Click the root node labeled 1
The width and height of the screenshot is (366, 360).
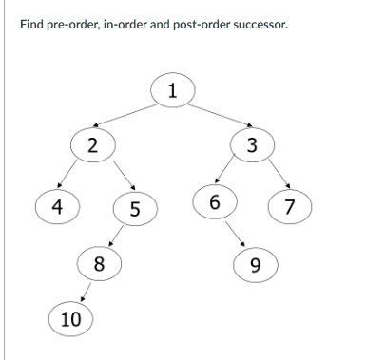pyautogui.click(x=172, y=91)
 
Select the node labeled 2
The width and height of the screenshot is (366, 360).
pyautogui.click(x=91, y=145)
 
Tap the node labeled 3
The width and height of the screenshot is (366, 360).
pyautogui.click(x=251, y=145)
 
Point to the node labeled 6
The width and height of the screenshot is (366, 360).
pyautogui.click(x=215, y=201)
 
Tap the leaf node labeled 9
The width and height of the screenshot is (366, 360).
pyautogui.click(x=254, y=264)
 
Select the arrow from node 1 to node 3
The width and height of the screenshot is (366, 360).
pyautogui.click(x=214, y=113)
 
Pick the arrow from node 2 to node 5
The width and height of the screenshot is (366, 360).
pyautogui.click(x=124, y=177)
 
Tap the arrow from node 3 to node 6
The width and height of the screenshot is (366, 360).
pyautogui.click(x=228, y=171)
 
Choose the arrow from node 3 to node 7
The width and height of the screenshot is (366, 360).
pyautogui.click(x=277, y=175)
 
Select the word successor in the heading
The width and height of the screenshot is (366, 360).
pyautogui.click(x=257, y=23)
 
